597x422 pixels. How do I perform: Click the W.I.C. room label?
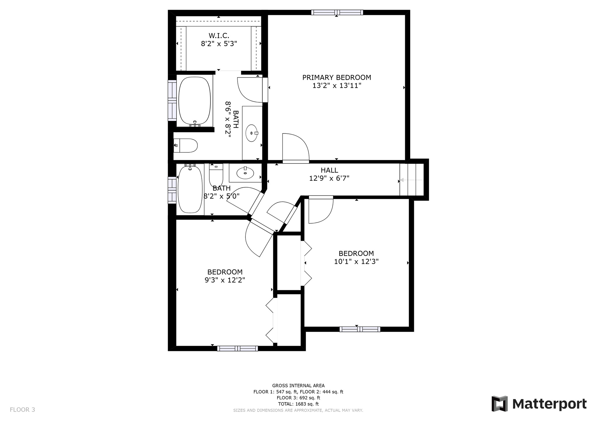pyautogui.click(x=219, y=36)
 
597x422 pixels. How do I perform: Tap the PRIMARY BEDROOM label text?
pyautogui.click(x=337, y=78)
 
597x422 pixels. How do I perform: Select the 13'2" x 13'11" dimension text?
pyautogui.click(x=337, y=86)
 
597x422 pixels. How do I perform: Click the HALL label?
pyautogui.click(x=329, y=170)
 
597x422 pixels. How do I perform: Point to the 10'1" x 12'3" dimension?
pyautogui.click(x=356, y=262)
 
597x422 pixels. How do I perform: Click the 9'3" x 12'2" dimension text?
pyautogui.click(x=225, y=280)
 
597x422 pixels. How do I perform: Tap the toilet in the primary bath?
pyautogui.click(x=186, y=145)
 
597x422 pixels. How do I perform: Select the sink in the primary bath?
pyautogui.click(x=252, y=133)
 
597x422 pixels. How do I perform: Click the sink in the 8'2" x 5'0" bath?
pyautogui.click(x=245, y=173)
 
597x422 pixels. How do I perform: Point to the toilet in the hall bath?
pyautogui.click(x=216, y=175)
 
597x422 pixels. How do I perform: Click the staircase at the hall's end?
pyautogui.click(x=412, y=180)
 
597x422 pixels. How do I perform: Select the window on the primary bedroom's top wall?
pyautogui.click(x=337, y=12)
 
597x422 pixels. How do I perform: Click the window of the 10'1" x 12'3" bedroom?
pyautogui.click(x=360, y=329)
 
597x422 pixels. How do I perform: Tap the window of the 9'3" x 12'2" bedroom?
pyautogui.click(x=238, y=348)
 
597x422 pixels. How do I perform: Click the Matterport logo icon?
pyautogui.click(x=500, y=404)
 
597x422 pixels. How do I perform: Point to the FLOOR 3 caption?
pyautogui.click(x=22, y=410)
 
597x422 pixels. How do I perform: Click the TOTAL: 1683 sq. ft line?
pyautogui.click(x=298, y=404)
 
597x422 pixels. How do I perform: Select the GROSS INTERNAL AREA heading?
pyautogui.click(x=298, y=386)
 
